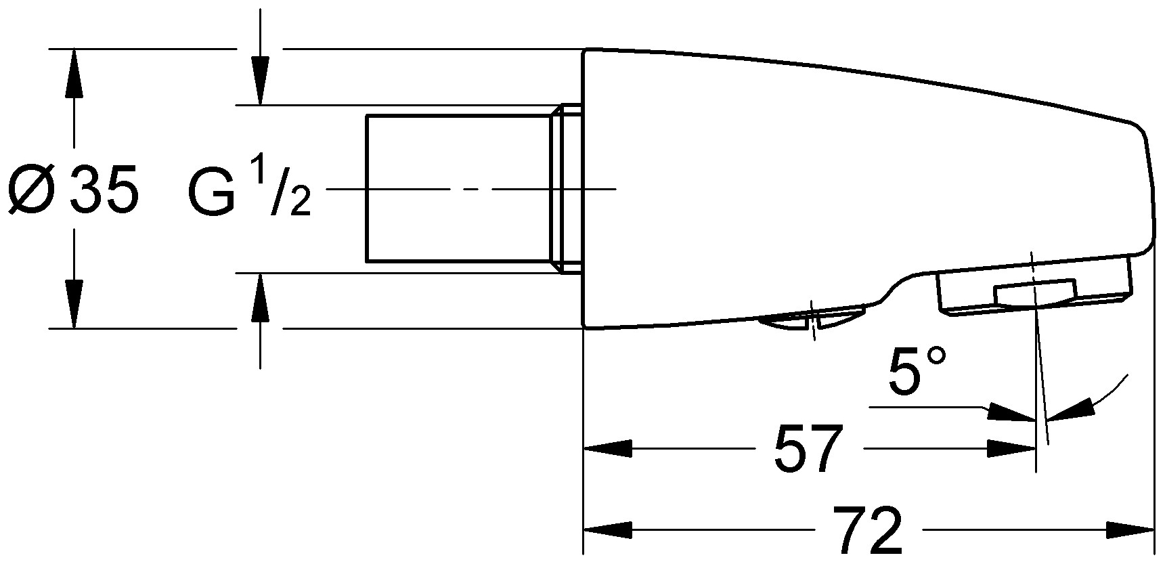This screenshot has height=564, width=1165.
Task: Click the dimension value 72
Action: [868, 530]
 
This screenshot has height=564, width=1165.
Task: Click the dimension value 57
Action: [807, 450]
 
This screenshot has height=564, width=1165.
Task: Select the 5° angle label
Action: [915, 372]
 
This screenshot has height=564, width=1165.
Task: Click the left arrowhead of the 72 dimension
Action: [607, 529]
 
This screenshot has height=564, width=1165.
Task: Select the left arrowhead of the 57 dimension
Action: [607, 448]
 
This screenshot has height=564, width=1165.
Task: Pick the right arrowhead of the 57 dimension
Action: [1013, 448]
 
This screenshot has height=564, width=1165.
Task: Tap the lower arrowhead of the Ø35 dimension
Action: [73, 303]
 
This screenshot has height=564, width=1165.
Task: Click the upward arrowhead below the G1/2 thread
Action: [260, 299]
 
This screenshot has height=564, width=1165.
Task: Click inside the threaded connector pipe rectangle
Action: [458, 188]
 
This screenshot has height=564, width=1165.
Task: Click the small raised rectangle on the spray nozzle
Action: [1033, 292]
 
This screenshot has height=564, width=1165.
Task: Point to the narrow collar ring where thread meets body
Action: [571, 188]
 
